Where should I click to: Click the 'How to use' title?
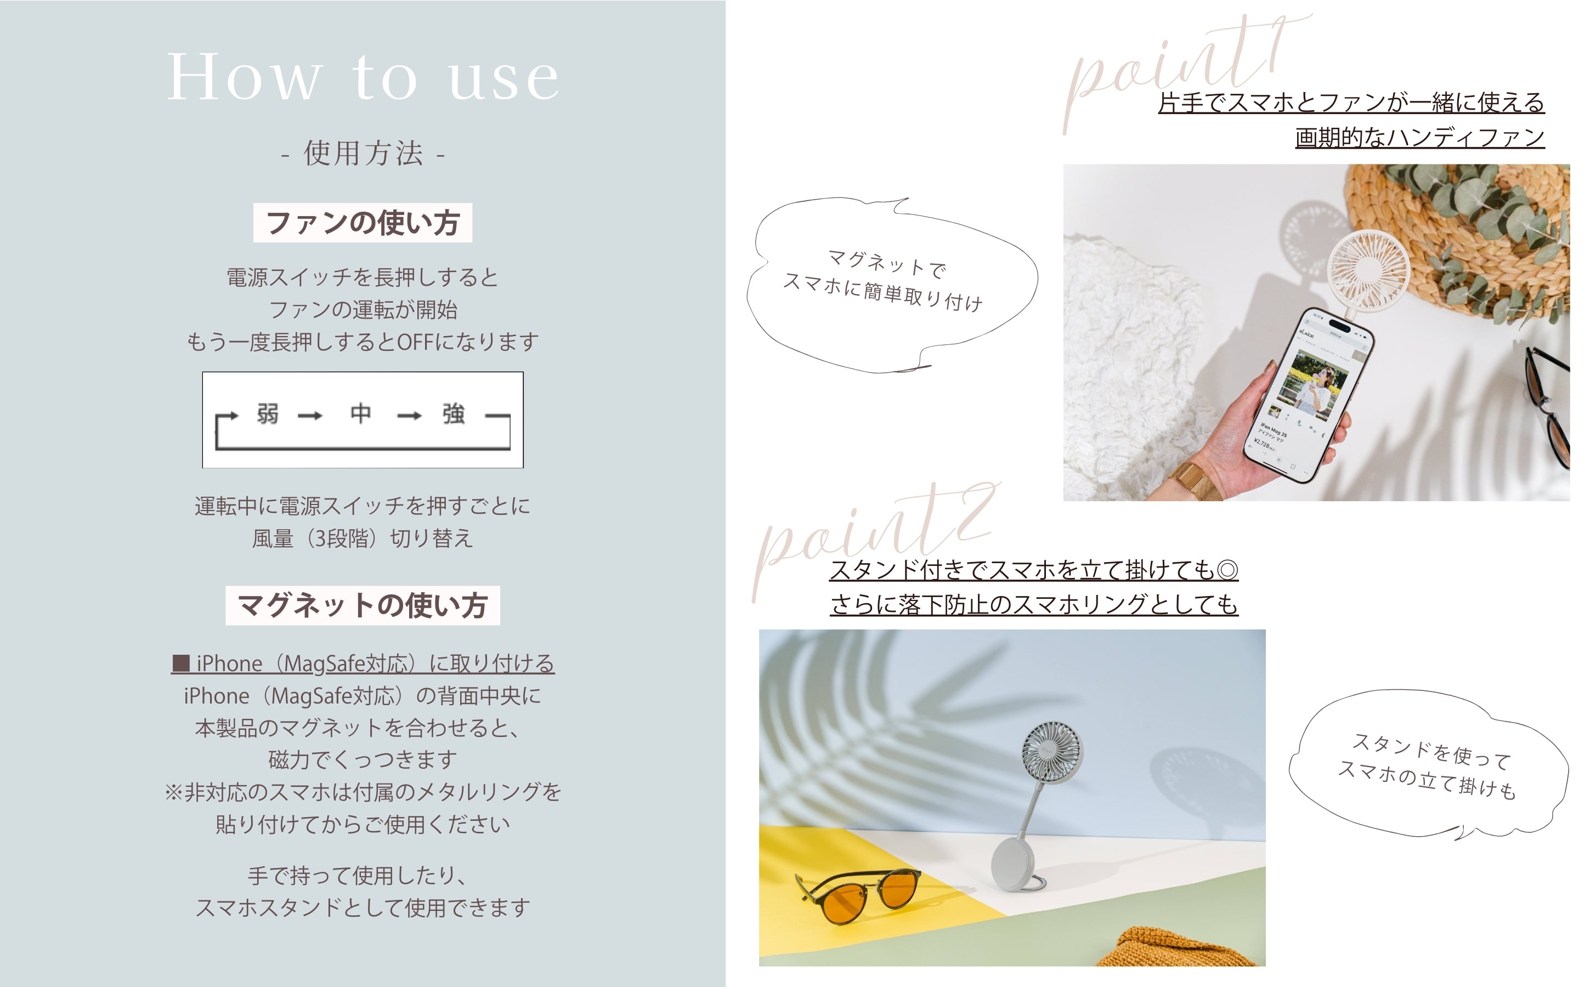363,77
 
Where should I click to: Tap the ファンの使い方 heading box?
363,223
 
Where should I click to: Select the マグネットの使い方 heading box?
363,606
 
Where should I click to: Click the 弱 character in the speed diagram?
268,414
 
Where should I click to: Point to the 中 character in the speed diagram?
361,413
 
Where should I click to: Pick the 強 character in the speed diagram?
454,414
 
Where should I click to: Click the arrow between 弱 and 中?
310,416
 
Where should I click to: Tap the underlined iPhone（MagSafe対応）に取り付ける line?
363,663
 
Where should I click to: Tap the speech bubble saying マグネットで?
892,286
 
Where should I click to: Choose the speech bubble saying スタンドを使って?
1428,764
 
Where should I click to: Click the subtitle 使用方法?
363,154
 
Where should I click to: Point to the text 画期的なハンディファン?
1420,138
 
